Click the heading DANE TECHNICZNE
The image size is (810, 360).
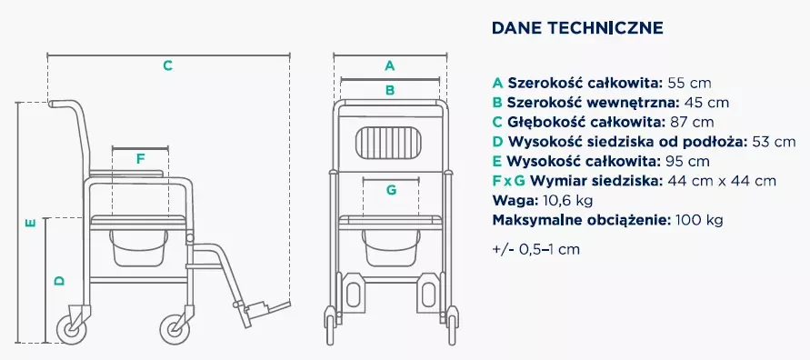tap(576, 28)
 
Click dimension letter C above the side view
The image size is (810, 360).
tap(167, 65)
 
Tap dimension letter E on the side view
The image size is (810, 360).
tap(30, 222)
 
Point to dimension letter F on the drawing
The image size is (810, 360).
tap(140, 158)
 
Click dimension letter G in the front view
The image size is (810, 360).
tap(390, 190)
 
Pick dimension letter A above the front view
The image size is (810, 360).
tap(390, 65)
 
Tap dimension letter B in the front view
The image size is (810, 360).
tap(390, 89)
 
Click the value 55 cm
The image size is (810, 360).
tap(685, 83)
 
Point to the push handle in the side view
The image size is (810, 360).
tap(64, 103)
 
